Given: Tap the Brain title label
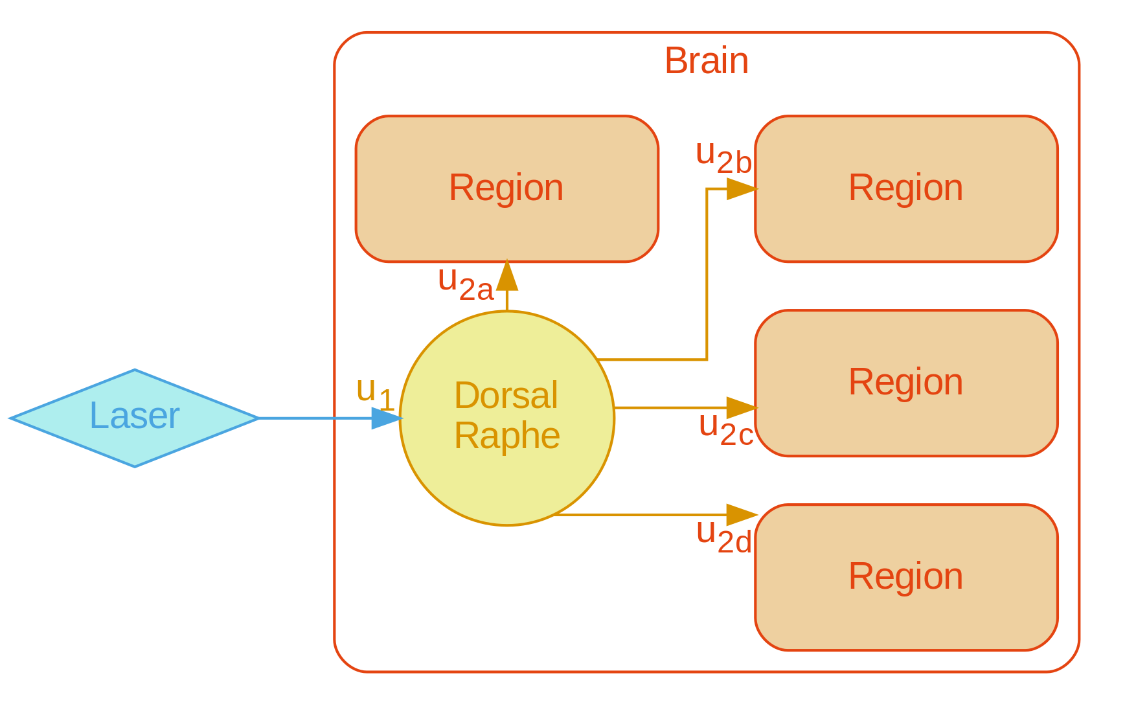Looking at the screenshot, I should click(x=706, y=62).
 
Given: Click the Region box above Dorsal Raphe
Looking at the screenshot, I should click(x=507, y=188).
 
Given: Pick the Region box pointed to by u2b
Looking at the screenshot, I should click(x=905, y=188).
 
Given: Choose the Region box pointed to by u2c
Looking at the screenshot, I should click(x=905, y=382).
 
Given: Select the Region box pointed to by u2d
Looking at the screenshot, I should click(x=905, y=576).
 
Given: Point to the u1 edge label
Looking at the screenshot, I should click(x=375, y=392).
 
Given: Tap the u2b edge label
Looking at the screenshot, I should click(x=723, y=157).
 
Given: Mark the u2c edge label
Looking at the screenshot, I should click(x=726, y=429).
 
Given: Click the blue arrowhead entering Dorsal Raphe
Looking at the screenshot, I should click(x=387, y=418).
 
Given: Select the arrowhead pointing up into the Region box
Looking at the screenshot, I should click(x=507, y=277).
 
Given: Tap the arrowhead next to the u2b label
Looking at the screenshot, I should click(x=742, y=189).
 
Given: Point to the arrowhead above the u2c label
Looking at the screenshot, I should click(x=742, y=408).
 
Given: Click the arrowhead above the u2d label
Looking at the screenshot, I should click(x=742, y=515).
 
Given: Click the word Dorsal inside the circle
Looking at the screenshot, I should click(x=506, y=396).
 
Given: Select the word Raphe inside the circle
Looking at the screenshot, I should click(x=507, y=436).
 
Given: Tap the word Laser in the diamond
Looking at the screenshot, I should click(x=134, y=416).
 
